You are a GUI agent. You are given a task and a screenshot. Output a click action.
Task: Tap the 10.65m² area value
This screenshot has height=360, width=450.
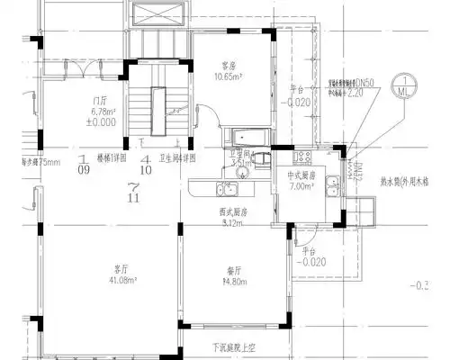click(x=229, y=76)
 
